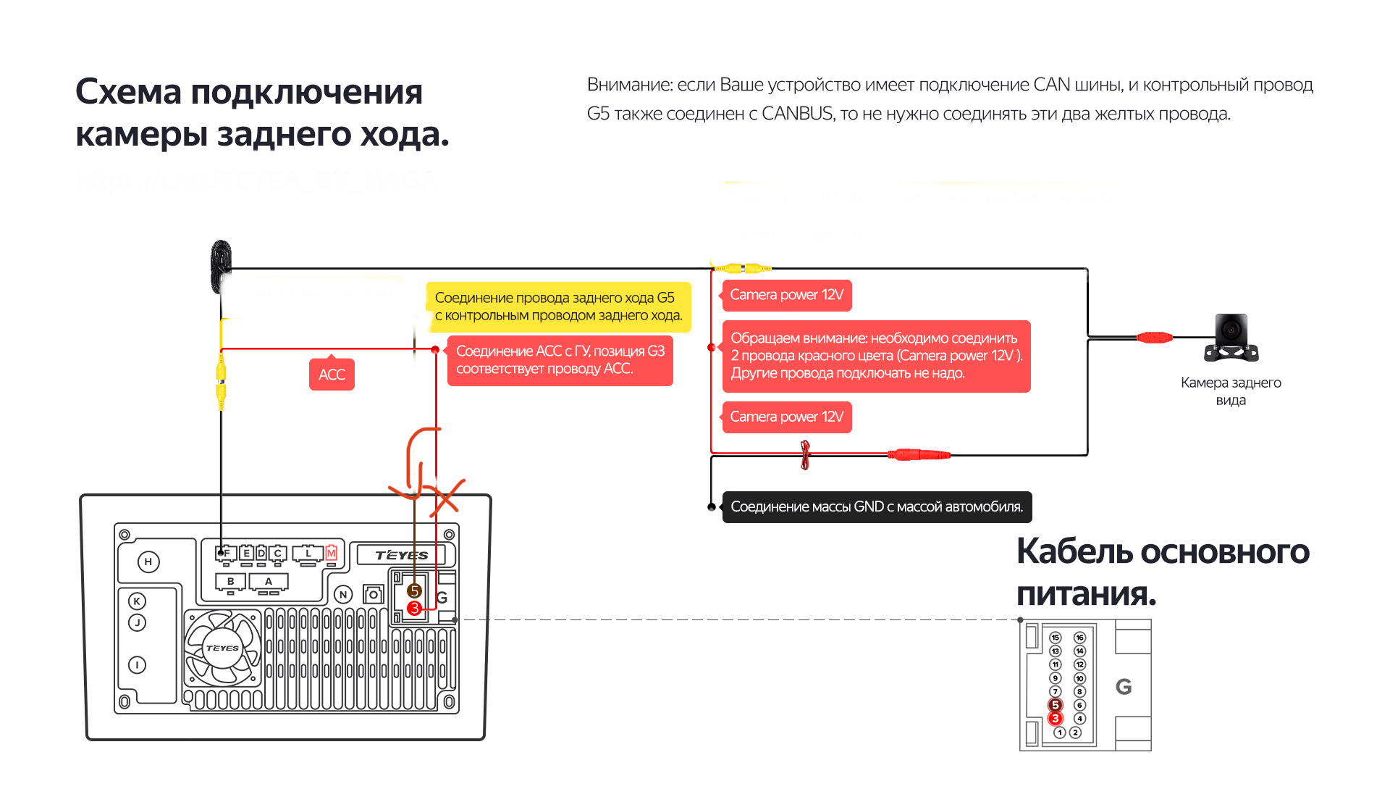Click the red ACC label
(332, 375)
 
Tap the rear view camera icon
(1231, 338)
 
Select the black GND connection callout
(877, 507)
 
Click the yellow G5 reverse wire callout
(558, 306)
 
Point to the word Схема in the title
(128, 93)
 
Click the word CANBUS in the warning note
(797, 114)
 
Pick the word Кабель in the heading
(1074, 551)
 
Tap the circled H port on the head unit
(148, 562)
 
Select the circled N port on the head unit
(343, 595)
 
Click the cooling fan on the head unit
(222, 648)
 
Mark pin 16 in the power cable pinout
(1079, 638)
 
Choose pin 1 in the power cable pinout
(1060, 733)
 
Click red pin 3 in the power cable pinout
(1056, 719)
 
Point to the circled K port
(137, 601)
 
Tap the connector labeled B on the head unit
(231, 582)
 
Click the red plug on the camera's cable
(1154, 338)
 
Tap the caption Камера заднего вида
(1231, 391)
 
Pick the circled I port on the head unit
(137, 664)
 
